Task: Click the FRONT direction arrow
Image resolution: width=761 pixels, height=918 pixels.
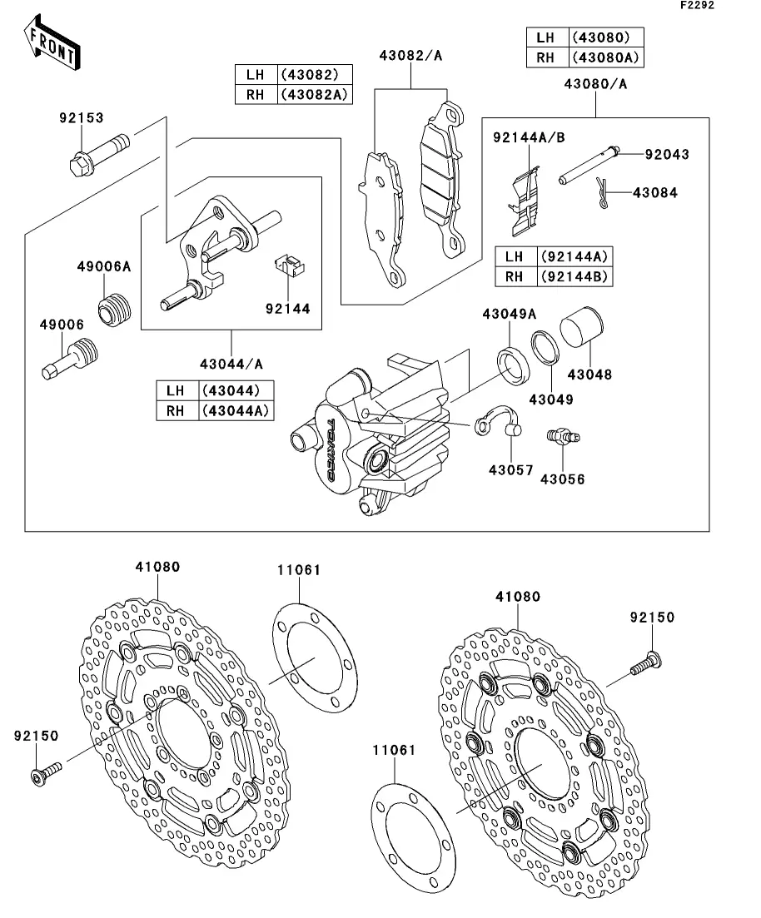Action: pyautogui.click(x=52, y=43)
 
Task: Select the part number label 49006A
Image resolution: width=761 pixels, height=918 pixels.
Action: pyautogui.click(x=104, y=267)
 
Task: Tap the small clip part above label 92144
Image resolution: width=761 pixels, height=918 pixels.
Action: pyautogui.click(x=290, y=265)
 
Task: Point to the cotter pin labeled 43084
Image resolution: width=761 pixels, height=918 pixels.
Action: pyautogui.click(x=601, y=192)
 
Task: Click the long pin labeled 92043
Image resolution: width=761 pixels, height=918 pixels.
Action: pyautogui.click(x=588, y=165)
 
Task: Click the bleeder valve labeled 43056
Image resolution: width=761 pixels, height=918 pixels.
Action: pyautogui.click(x=563, y=437)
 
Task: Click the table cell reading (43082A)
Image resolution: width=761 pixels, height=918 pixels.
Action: pyautogui.click(x=315, y=95)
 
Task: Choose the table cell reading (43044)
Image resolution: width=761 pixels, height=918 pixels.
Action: pyautogui.click(x=231, y=390)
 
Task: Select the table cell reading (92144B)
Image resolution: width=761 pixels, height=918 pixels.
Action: pyautogui.click(x=574, y=276)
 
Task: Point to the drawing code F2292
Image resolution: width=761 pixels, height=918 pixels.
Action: pyautogui.click(x=697, y=5)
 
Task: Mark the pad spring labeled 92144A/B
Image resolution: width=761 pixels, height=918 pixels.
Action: pyautogui.click(x=524, y=201)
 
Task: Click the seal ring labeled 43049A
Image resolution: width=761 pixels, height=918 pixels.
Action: pyautogui.click(x=513, y=366)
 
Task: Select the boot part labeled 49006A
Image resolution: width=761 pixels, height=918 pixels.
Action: pyautogui.click(x=114, y=309)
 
